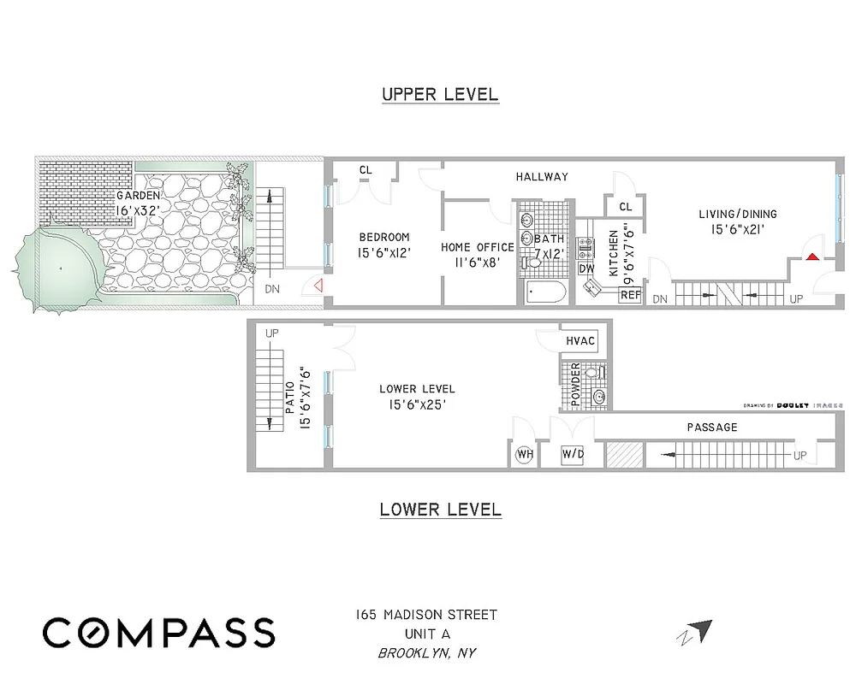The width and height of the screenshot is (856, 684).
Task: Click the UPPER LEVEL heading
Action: pyautogui.click(x=440, y=94)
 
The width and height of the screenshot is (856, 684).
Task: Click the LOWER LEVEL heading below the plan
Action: pyautogui.click(x=440, y=510)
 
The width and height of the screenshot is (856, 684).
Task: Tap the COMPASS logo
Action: pyautogui.click(x=159, y=633)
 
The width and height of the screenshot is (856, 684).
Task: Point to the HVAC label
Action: pyautogui.click(x=580, y=340)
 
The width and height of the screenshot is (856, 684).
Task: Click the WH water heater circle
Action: pyautogui.click(x=525, y=455)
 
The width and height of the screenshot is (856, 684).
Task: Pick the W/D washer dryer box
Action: pyautogui.click(x=573, y=455)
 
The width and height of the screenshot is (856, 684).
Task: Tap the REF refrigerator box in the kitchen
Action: pyautogui.click(x=630, y=295)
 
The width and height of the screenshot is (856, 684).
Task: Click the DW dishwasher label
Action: pyautogui.click(x=586, y=268)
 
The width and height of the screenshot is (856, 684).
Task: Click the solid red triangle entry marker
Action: pyautogui.click(x=811, y=255)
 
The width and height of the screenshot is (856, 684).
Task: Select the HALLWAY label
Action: pyautogui.click(x=542, y=177)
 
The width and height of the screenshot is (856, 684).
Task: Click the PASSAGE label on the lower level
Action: pyautogui.click(x=711, y=427)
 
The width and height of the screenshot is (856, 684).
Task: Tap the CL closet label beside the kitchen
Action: pyautogui.click(x=625, y=207)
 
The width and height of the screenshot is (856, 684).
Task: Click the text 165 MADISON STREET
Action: pyautogui.click(x=426, y=615)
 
